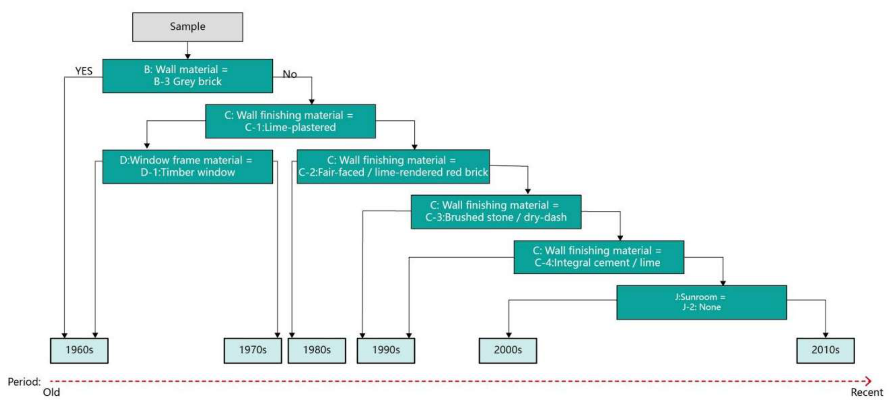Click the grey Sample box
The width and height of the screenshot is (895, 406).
click(187, 27)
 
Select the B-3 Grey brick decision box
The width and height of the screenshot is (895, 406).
click(187, 76)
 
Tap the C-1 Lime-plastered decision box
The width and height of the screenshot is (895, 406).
click(290, 121)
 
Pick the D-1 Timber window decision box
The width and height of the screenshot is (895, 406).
click(187, 166)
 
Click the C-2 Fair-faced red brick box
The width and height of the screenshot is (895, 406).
click(393, 166)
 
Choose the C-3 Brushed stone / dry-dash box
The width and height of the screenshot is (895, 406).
click(496, 212)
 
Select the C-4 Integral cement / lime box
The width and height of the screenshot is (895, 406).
click(599, 257)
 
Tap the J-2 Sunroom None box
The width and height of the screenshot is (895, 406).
click(702, 302)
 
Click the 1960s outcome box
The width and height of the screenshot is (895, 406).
click(79, 351)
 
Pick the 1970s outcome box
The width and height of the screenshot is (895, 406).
click(253, 351)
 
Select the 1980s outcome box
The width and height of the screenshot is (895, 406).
click(317, 351)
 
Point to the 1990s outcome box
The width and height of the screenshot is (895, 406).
click(386, 351)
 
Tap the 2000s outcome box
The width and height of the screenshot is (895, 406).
click(508, 351)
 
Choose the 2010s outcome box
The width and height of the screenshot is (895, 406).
click(825, 351)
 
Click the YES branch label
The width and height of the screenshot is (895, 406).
click(84, 71)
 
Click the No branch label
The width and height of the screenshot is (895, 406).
click(290, 74)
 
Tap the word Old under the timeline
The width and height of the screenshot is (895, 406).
click(51, 392)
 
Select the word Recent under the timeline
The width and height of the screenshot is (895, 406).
click(866, 392)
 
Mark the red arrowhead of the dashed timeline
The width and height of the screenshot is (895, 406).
click(868, 381)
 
